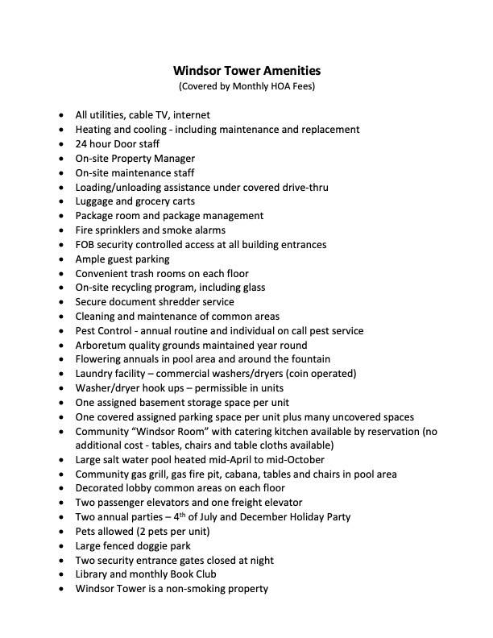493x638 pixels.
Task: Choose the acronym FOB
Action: click(85, 244)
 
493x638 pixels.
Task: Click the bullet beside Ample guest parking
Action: click(61, 259)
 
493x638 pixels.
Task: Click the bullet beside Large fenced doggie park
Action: click(61, 546)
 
